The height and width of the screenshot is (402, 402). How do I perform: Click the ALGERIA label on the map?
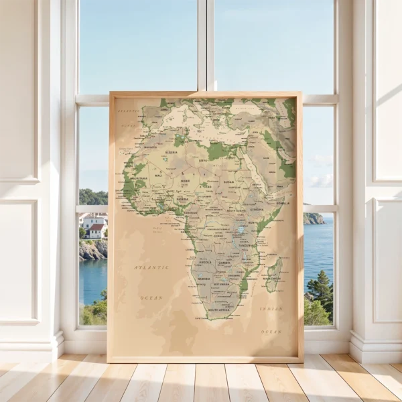(x=172, y=152)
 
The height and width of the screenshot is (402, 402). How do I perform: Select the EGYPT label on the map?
(x=231, y=157)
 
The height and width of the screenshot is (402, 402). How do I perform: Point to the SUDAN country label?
(x=228, y=182)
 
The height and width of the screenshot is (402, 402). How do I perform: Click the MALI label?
(x=158, y=175)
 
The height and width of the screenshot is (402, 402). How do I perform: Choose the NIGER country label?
(x=185, y=181)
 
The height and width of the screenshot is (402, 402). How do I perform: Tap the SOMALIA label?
(x=283, y=203)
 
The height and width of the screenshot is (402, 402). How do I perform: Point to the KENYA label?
(x=253, y=222)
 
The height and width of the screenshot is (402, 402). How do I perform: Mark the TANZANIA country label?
(x=245, y=245)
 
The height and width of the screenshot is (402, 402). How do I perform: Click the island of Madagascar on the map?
(x=273, y=275)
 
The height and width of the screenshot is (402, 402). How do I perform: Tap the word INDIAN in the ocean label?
(x=271, y=309)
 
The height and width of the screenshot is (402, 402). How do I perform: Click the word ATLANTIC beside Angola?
(x=151, y=267)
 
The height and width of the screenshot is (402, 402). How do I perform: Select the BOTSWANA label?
(x=220, y=284)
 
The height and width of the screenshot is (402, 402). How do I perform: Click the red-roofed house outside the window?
(x=96, y=230)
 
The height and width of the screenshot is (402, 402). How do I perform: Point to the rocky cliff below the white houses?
(x=92, y=250)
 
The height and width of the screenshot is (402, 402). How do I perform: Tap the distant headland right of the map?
(x=313, y=218)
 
